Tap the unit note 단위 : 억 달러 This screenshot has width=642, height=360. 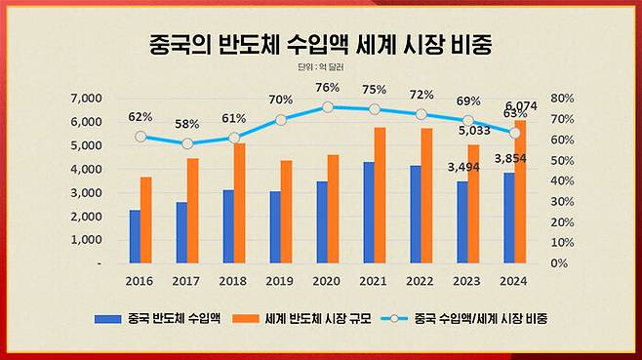(321, 67)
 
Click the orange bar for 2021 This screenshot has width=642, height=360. (380, 195)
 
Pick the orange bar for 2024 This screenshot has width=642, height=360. (520, 191)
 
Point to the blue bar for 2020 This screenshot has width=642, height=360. (322, 221)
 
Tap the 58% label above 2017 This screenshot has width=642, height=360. (187, 124)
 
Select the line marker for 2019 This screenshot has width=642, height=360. (281, 120)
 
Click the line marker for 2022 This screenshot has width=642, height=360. (421, 115)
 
